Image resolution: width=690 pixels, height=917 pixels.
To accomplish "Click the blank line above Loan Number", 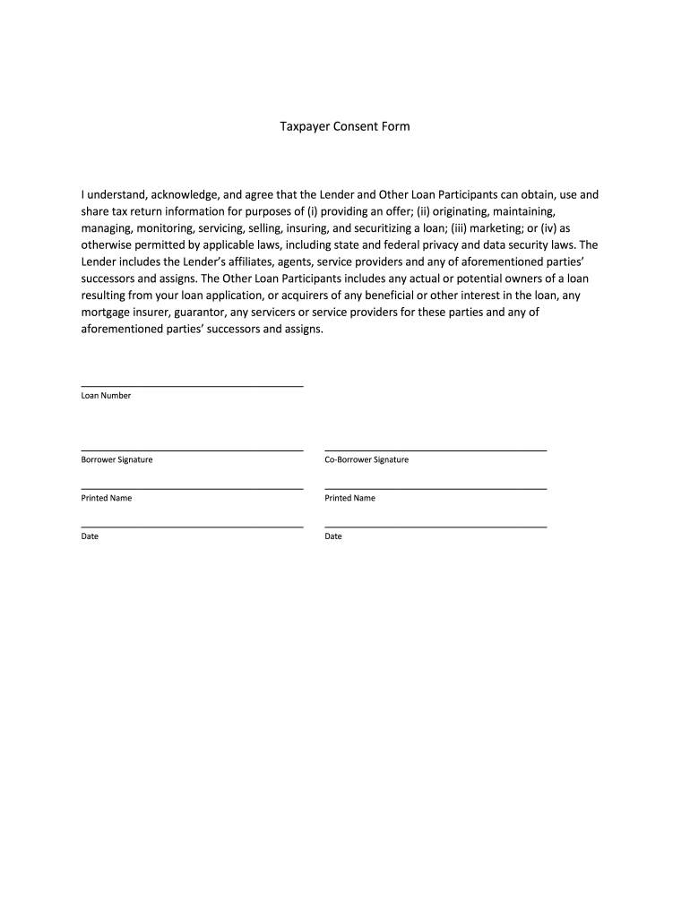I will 192,386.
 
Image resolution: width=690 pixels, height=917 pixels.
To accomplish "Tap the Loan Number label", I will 106,396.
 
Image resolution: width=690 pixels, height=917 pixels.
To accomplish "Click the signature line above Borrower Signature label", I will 192,450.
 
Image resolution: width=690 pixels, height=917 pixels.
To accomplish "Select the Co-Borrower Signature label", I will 367,459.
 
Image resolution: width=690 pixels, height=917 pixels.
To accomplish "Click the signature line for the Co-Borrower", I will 436,450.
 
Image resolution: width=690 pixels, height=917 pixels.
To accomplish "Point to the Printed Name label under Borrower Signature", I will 107,498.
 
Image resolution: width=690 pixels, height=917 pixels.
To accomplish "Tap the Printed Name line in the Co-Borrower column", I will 436,488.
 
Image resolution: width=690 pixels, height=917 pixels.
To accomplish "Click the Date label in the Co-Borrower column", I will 333,536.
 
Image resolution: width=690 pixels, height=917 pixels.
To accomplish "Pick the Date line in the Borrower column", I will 192,527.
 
